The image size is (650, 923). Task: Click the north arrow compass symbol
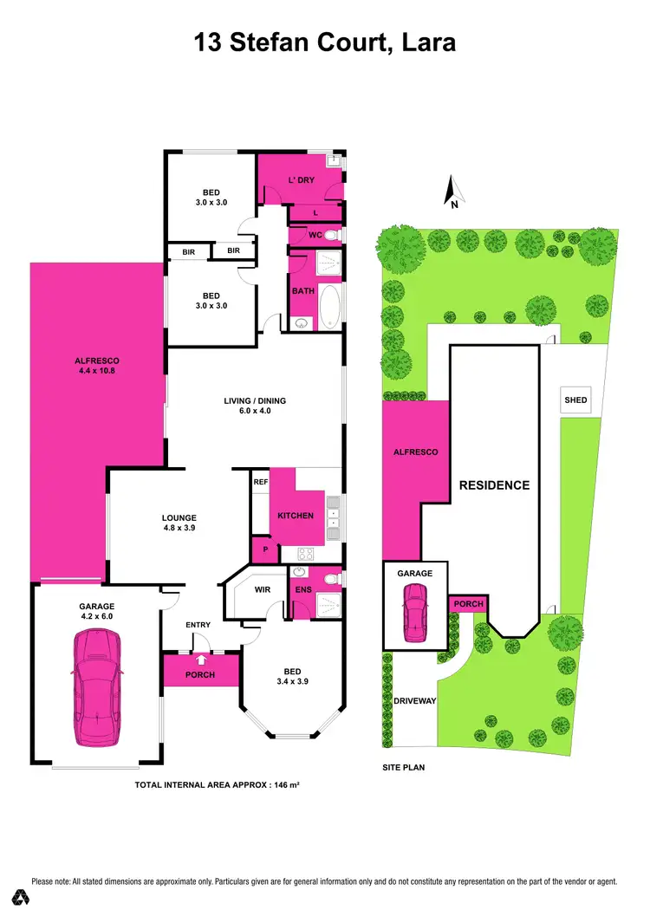pos(451,192)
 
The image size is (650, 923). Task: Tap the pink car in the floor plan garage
pos(97,686)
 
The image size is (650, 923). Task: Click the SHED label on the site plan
pos(575,400)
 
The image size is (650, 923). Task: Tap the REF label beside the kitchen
pos(259,482)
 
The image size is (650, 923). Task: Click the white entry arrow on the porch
pos(200,660)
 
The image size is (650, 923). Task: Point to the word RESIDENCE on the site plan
pos(494,485)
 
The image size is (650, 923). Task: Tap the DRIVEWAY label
pos(413,700)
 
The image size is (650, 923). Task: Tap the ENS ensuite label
pos(303,589)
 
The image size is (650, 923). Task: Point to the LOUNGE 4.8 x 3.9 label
pos(179,523)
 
